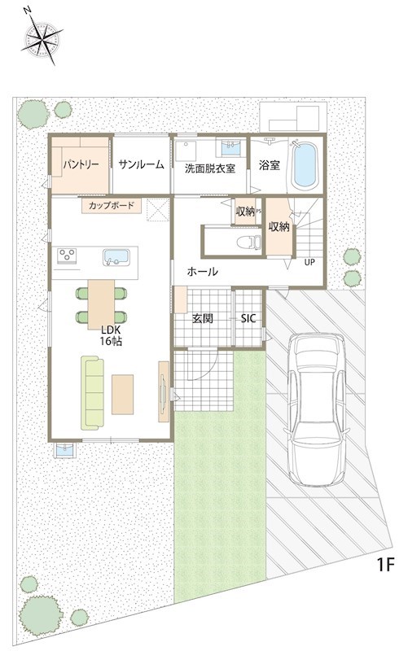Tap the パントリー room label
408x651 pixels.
(x=81, y=165)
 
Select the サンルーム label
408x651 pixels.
(x=141, y=165)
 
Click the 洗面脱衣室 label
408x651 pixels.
(x=210, y=168)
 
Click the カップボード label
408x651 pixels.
(x=112, y=205)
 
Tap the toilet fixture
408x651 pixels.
(x=248, y=242)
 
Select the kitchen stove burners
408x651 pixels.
(x=67, y=256)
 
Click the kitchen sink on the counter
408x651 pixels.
(x=116, y=257)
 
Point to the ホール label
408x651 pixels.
(x=202, y=272)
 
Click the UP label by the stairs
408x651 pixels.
(x=309, y=262)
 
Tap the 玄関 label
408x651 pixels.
(x=203, y=318)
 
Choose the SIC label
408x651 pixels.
(x=248, y=318)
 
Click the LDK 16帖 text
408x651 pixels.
(x=111, y=336)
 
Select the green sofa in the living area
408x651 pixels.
(x=92, y=393)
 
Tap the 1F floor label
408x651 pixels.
(x=384, y=565)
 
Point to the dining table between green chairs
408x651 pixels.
(x=101, y=304)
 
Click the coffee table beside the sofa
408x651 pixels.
(x=123, y=395)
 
